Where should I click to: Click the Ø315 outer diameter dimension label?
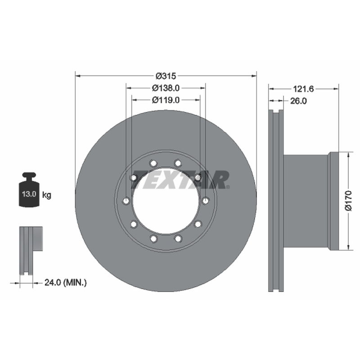[166, 76]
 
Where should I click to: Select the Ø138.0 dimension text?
[166, 88]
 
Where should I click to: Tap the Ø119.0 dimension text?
[166, 100]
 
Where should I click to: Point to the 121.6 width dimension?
[303, 89]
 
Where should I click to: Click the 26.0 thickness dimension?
[298, 101]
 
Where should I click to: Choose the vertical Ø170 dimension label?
[348, 200]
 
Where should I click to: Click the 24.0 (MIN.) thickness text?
[66, 283]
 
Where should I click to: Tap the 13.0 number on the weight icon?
[29, 194]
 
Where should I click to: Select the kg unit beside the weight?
[47, 195]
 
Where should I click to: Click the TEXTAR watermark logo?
[180, 180]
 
